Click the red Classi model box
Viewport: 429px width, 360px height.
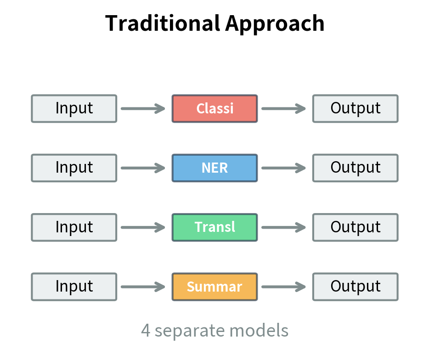[214, 108]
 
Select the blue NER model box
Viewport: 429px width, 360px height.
[214, 168]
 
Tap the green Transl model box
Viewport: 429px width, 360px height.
[214, 227]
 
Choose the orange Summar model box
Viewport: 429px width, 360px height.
[214, 287]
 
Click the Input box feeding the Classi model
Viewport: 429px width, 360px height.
[74, 108]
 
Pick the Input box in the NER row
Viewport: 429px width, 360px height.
[74, 168]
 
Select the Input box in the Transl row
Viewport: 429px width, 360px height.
[74, 227]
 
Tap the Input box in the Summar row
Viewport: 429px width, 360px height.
[74, 287]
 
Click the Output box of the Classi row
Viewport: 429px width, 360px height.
[355, 108]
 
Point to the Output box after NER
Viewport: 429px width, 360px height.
[355, 168]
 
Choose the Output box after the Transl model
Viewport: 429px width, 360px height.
[355, 227]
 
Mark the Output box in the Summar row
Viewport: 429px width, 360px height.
[355, 287]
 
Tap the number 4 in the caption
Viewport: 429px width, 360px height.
[146, 330]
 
